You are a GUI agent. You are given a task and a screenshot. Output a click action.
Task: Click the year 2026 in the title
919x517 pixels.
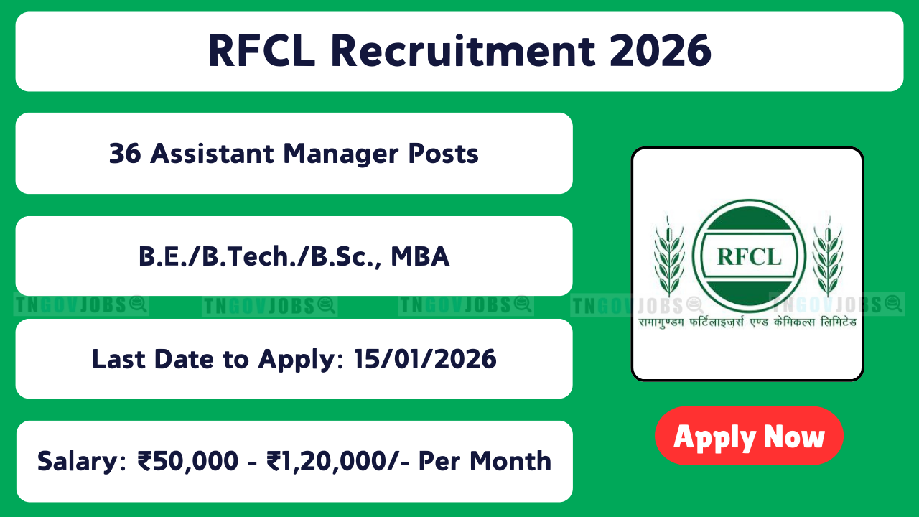(661, 51)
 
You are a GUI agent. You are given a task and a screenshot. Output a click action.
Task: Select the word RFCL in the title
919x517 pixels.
(262, 51)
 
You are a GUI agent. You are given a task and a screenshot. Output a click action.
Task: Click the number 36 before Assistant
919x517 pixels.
(125, 154)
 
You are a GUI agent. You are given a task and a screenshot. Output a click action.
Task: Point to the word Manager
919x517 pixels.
(340, 154)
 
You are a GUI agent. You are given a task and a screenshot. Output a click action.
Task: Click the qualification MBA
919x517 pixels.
(420, 256)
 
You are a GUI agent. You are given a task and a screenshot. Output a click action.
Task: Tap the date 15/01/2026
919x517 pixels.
(425, 360)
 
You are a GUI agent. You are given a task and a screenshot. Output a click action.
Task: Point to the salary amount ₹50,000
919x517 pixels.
(188, 461)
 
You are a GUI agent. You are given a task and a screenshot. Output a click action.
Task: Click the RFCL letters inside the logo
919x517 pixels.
(749, 257)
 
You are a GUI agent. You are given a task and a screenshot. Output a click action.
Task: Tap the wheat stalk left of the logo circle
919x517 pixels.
(669, 257)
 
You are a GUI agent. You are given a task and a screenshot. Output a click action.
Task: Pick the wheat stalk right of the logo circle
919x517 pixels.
(829, 257)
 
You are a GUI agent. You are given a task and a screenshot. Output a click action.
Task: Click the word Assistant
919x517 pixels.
(212, 154)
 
